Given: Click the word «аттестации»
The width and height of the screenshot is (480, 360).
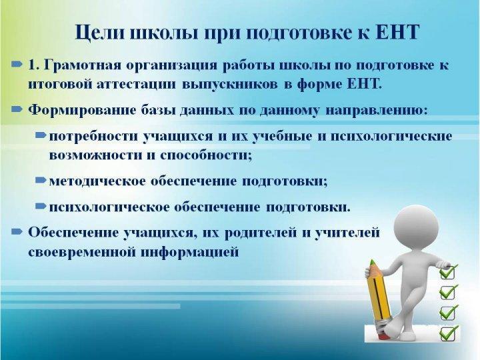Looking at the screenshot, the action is click(136, 84).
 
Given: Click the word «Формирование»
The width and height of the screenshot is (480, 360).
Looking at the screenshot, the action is click(83, 111).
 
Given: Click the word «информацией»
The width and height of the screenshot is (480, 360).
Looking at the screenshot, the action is click(190, 252).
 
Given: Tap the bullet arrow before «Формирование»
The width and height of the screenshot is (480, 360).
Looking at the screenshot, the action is click(17, 109).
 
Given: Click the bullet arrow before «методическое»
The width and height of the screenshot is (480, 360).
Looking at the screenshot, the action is click(41, 180).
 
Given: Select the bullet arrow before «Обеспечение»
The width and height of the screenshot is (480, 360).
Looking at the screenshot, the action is click(17, 232).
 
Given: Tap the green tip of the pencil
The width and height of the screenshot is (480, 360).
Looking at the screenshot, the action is click(373, 262).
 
